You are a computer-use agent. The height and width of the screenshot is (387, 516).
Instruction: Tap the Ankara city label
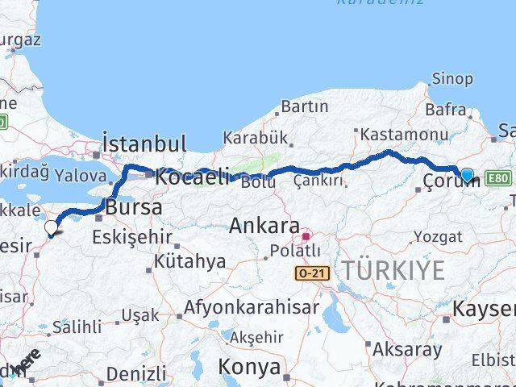tap(264, 226)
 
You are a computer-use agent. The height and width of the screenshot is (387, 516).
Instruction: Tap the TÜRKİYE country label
tap(392, 271)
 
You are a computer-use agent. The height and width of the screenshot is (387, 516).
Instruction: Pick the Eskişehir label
tap(132, 237)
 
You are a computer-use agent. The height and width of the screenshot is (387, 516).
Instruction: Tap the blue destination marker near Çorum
tap(467, 174)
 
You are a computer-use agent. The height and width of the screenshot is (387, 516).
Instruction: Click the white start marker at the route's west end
tap(52, 228)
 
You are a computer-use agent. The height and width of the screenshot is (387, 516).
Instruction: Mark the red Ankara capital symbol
tap(306, 237)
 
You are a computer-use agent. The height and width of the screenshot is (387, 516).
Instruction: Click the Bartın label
tap(303, 106)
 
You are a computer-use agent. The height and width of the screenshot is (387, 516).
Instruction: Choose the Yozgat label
tap(438, 237)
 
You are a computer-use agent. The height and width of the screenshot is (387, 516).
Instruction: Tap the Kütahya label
tap(190, 261)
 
